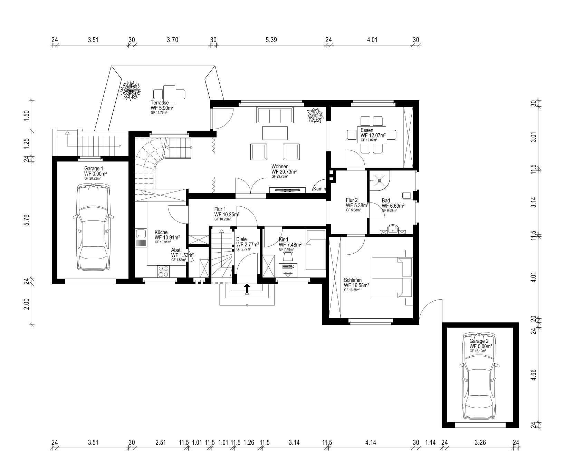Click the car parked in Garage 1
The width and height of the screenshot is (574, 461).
[x=93, y=227]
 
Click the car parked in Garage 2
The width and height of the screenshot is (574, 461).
[x=479, y=376]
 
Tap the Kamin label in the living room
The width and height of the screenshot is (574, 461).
[x=320, y=189]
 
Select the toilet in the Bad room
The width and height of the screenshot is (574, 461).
[x=408, y=195]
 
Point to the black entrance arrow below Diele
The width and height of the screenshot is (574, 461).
[x=247, y=289]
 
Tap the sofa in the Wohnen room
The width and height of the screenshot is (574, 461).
[x=275, y=115]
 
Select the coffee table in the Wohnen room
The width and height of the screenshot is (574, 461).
[x=275, y=133]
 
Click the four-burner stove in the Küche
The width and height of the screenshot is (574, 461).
[x=164, y=271]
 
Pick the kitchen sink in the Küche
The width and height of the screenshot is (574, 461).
[x=141, y=238]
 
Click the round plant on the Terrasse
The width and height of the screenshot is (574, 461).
[x=131, y=90]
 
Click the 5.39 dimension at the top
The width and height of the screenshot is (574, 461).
[x=271, y=40]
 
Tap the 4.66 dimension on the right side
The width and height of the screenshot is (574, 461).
[x=534, y=375]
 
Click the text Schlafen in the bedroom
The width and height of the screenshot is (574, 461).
[x=353, y=280]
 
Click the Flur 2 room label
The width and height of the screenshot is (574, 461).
[x=352, y=200]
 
